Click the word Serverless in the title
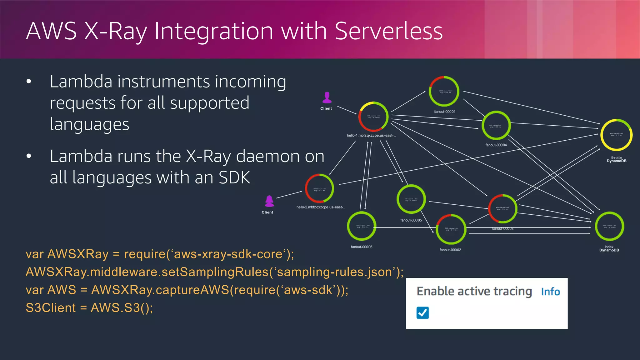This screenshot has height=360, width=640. point(388,31)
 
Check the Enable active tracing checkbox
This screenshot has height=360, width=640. point(422,313)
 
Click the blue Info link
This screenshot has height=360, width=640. point(550,292)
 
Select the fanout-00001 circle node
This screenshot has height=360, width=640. point(444,92)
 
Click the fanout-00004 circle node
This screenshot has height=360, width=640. point(496,126)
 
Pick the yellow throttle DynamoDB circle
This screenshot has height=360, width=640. point(616,135)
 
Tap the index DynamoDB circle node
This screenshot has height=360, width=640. point(609,227)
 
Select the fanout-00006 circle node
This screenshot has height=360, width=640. point(362,226)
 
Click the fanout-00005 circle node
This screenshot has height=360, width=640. point(411,199)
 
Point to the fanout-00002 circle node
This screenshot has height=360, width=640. point(451,229)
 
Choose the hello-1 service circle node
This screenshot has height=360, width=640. point(373,117)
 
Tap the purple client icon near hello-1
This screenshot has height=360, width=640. point(327,97)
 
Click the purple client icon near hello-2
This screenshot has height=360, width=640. point(269,201)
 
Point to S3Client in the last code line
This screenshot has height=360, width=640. point(51,308)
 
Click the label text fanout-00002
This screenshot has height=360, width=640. point(450,250)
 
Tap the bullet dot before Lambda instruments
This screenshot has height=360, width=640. point(29,82)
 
